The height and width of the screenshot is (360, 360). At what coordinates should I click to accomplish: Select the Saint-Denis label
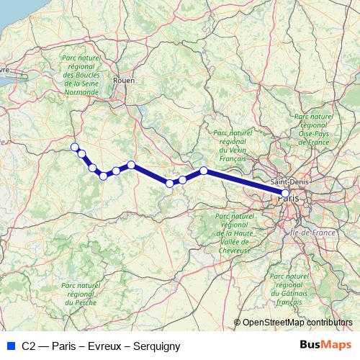[x=287, y=184]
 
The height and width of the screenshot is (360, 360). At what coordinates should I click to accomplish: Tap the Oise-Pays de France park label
[x=315, y=129]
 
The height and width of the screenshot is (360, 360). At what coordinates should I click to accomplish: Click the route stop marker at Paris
[x=285, y=193]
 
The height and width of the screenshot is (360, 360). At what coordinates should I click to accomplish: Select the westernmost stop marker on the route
[x=74, y=147]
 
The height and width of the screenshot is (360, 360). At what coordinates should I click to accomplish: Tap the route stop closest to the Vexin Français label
[x=204, y=171]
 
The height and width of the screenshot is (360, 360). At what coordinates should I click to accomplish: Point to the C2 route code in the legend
[x=27, y=346]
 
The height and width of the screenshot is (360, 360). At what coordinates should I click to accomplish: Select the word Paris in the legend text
[x=64, y=346]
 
